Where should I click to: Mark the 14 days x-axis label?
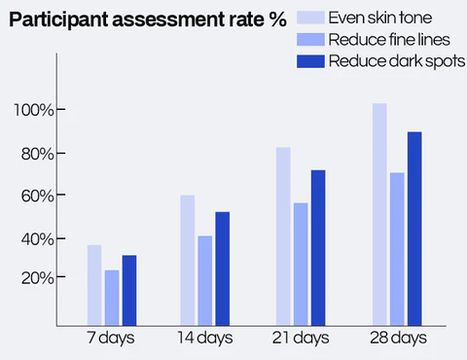[204, 339]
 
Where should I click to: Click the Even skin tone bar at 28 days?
[378, 213]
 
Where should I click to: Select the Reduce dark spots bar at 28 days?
[413, 228]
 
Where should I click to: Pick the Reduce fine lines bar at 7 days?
[112, 297]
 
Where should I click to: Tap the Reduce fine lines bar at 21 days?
[301, 263]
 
